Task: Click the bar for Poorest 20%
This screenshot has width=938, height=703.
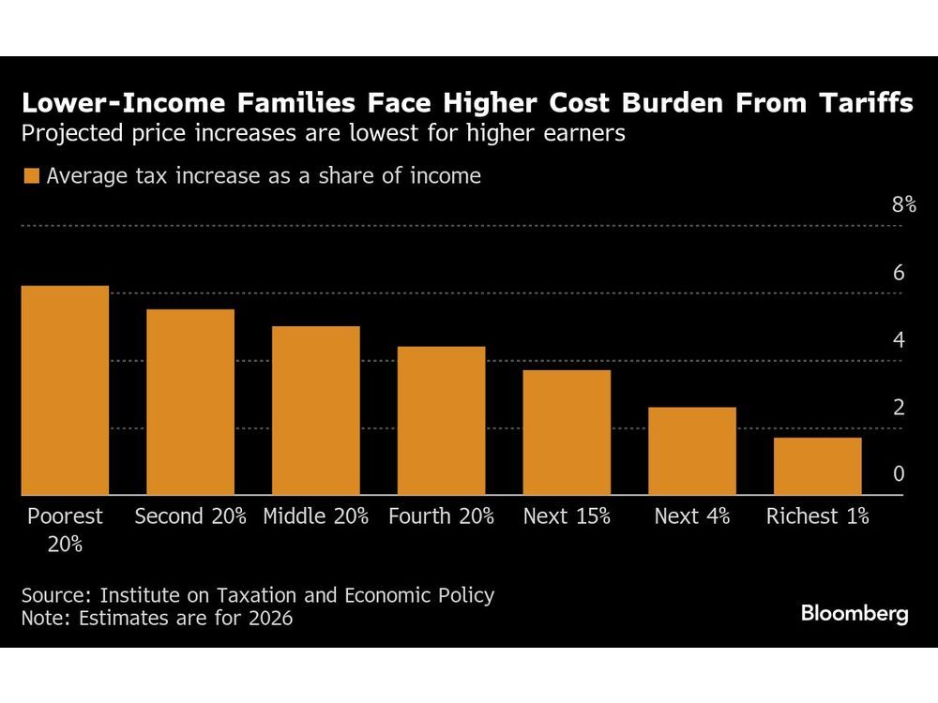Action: click(x=65, y=390)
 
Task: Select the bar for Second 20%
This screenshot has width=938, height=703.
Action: click(x=190, y=402)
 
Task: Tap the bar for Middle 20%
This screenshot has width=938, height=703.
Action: click(x=315, y=411)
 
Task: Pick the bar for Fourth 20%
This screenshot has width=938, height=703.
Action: click(x=441, y=421)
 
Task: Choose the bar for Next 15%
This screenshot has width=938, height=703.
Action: click(x=567, y=432)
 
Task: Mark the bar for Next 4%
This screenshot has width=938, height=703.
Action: click(x=692, y=451)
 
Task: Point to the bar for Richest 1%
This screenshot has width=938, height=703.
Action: click(x=817, y=466)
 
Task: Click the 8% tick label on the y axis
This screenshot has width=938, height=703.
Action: click(x=903, y=205)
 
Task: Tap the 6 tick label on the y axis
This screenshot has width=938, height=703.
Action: click(x=898, y=273)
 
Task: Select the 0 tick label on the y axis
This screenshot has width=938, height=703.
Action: click(x=898, y=474)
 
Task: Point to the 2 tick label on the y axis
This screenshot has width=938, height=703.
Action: click(x=898, y=408)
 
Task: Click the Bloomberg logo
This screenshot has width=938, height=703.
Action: click(x=855, y=614)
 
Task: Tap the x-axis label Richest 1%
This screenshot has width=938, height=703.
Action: click(x=817, y=516)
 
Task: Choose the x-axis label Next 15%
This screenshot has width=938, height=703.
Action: click(x=567, y=516)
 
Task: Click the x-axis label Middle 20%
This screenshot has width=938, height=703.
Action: click(x=315, y=516)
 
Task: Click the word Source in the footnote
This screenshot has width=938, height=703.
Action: click(x=55, y=595)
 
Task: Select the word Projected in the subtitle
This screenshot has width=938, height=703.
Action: click(x=72, y=133)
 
